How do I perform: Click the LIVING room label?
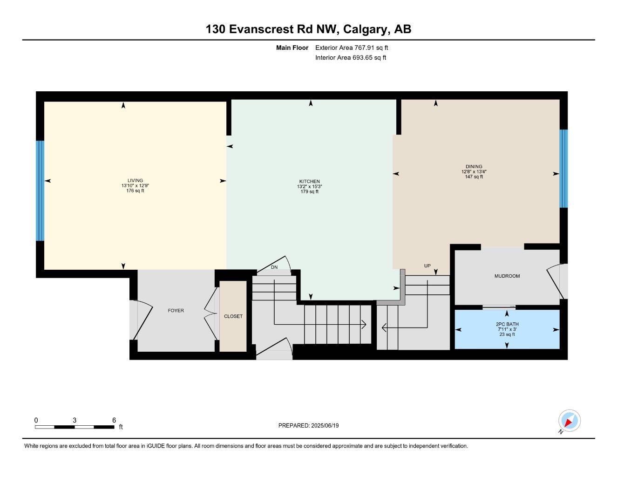pos(135,180)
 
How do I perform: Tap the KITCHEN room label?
pos(310,181)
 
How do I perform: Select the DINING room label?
pos(474,166)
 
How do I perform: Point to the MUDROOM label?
pos(507,276)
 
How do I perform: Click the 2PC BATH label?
pos(507,324)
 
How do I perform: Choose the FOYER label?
pos(176,310)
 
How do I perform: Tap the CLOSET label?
pos(233,316)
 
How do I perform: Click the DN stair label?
pos(274,267)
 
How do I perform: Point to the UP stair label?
pos(427,266)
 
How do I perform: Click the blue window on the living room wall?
pos(40,191)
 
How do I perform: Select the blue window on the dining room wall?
pos(563,169)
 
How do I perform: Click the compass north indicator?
pos(570,421)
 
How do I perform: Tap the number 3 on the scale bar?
pos(75,420)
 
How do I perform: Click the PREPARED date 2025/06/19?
pos(325,426)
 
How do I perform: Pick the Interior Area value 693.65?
pos(361,58)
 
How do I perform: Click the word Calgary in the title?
pos(366,29)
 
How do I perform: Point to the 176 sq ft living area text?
pos(135,191)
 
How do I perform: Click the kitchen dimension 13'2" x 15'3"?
pos(310,186)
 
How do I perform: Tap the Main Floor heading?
pos(292,48)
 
